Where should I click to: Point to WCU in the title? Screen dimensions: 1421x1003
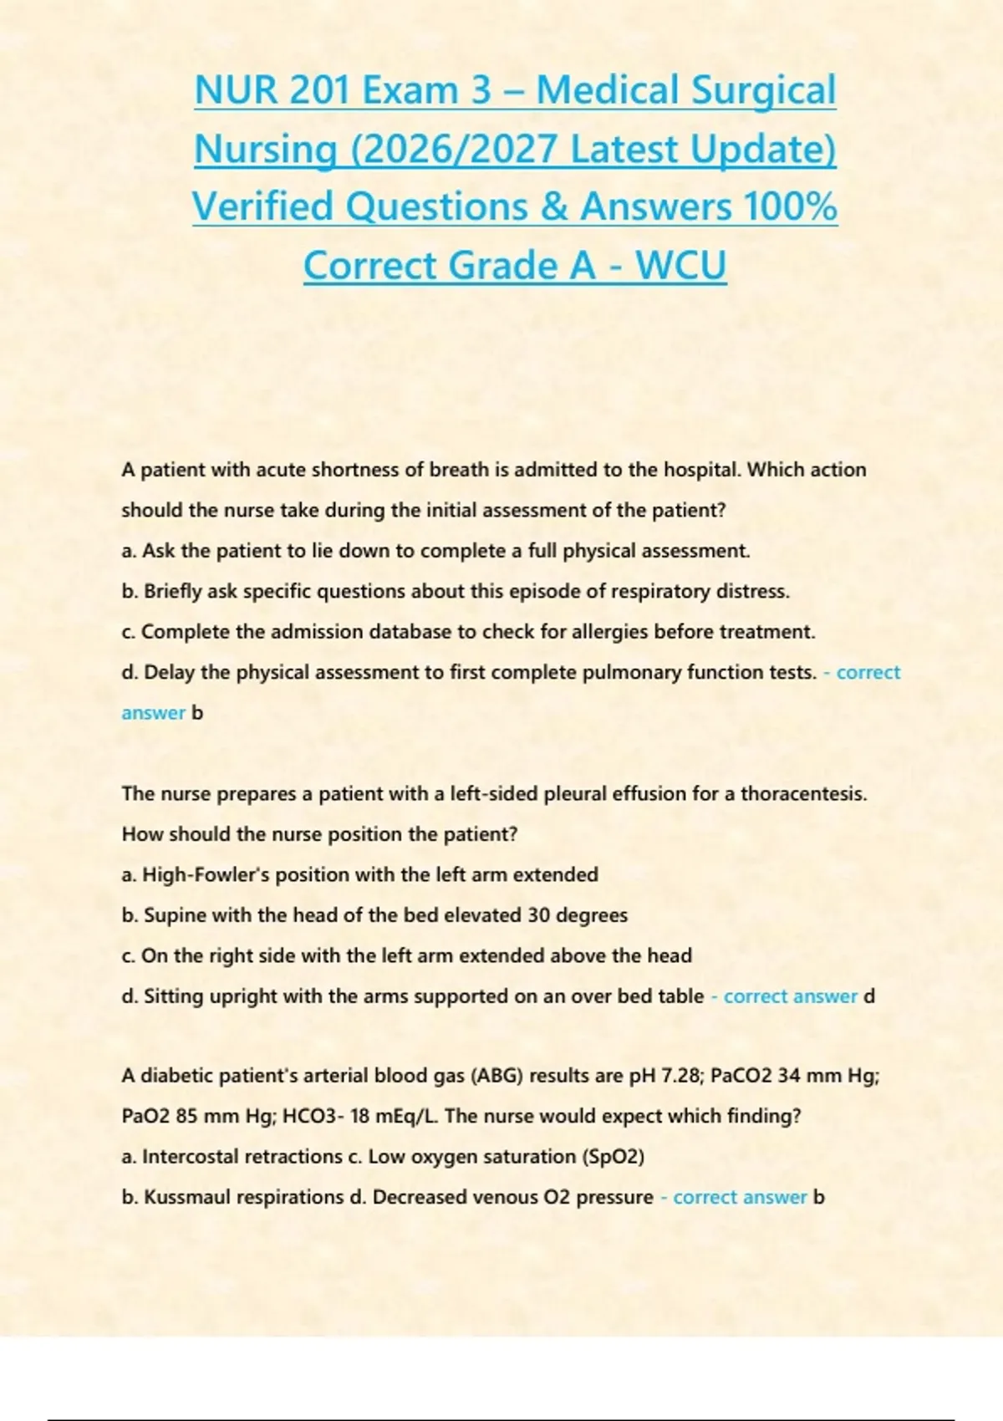tap(680, 265)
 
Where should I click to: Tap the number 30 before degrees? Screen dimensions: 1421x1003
tap(538, 915)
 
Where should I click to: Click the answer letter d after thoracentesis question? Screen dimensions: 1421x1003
tap(869, 996)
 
